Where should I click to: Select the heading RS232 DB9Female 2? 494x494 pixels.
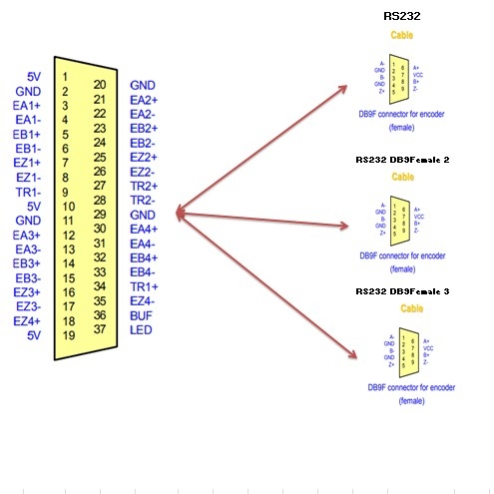point(403,159)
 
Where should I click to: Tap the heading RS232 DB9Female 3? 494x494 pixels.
point(403,290)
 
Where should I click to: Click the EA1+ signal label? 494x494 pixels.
point(27,105)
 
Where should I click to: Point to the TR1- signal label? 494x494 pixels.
point(28,192)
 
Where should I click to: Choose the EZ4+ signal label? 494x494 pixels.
point(27,320)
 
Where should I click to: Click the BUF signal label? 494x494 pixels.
point(142,315)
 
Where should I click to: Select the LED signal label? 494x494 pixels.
point(142,329)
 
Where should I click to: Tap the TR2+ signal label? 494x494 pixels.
point(145,186)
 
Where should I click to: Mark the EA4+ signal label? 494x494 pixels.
point(145,230)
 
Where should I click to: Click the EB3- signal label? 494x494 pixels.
point(27,277)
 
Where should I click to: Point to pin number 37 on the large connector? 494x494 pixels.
point(100,329)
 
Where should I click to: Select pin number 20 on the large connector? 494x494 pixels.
point(100,86)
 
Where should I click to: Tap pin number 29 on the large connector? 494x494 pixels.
point(100,215)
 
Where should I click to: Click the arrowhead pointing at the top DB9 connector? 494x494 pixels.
point(342,89)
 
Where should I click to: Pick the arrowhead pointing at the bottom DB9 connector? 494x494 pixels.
point(350,353)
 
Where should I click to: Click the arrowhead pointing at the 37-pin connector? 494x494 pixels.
point(181,212)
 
